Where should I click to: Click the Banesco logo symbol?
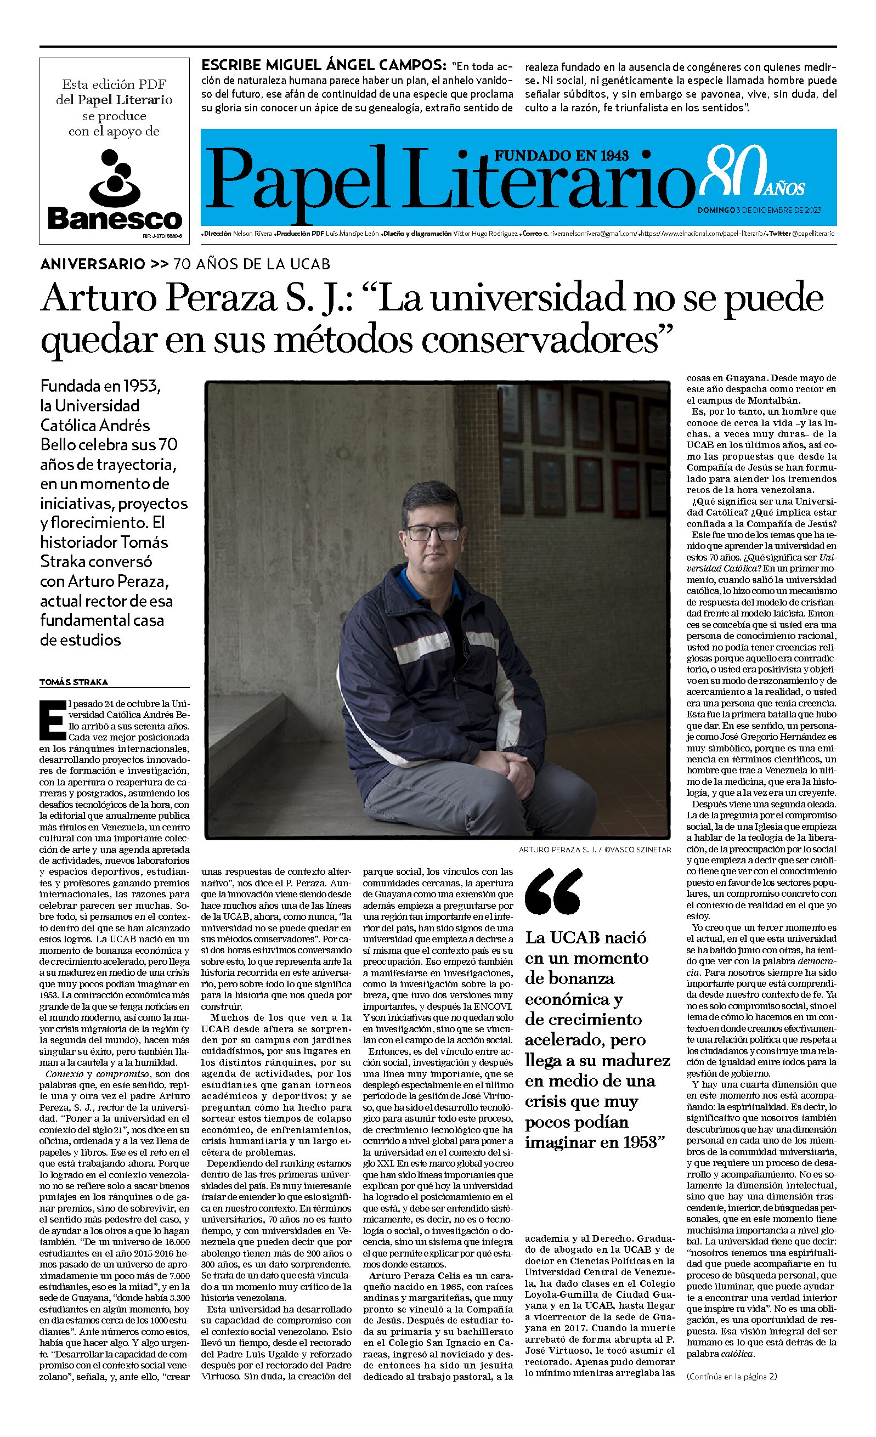tap(114, 176)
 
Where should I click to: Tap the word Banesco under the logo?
tap(114, 219)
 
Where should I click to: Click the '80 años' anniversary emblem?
tap(752, 173)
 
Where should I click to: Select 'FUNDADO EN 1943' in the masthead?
tap(562, 155)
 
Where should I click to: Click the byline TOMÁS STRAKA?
tap(74, 682)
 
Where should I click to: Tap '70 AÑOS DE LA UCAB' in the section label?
tap(251, 264)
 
